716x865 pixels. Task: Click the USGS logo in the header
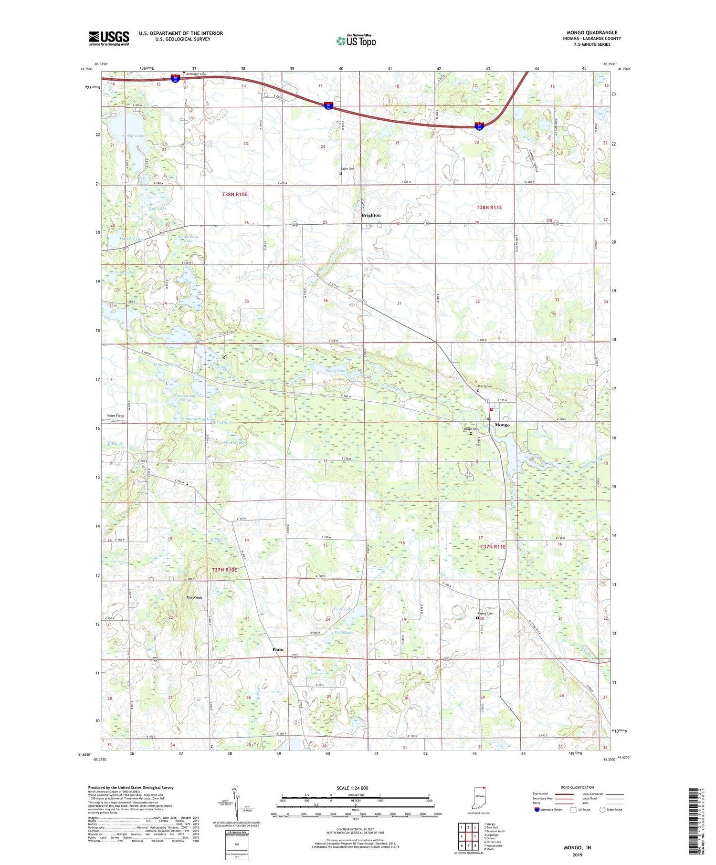[x=109, y=38]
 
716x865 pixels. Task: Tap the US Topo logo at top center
[x=356, y=41]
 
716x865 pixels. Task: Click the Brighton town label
[x=371, y=215]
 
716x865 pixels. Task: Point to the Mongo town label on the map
[x=502, y=425]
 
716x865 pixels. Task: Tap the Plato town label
[x=277, y=649]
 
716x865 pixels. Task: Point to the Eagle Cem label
[x=347, y=169]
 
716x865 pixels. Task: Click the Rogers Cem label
[x=484, y=614]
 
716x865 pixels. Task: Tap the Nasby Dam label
[x=336, y=370]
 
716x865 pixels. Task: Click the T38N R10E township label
[x=235, y=195]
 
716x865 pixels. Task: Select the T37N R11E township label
[x=493, y=547]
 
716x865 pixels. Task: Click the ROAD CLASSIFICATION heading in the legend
[x=578, y=787]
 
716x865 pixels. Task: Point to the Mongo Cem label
[x=470, y=429]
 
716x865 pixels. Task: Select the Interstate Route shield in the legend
[x=537, y=810]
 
